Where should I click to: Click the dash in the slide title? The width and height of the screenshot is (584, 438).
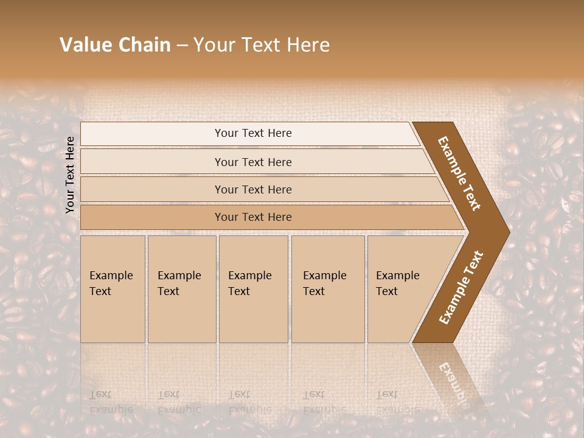point(182,46)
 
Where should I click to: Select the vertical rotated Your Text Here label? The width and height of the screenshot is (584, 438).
point(70,175)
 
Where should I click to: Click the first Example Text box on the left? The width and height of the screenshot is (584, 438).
point(113,289)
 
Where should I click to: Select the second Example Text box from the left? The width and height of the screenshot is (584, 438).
point(181,289)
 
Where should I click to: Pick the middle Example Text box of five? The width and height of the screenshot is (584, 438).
point(253,289)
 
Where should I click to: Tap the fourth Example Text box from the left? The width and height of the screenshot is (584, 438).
point(327,289)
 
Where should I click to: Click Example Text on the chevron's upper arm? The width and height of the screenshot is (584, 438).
point(459,173)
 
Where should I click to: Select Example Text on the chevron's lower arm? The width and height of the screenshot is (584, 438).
point(461,287)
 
